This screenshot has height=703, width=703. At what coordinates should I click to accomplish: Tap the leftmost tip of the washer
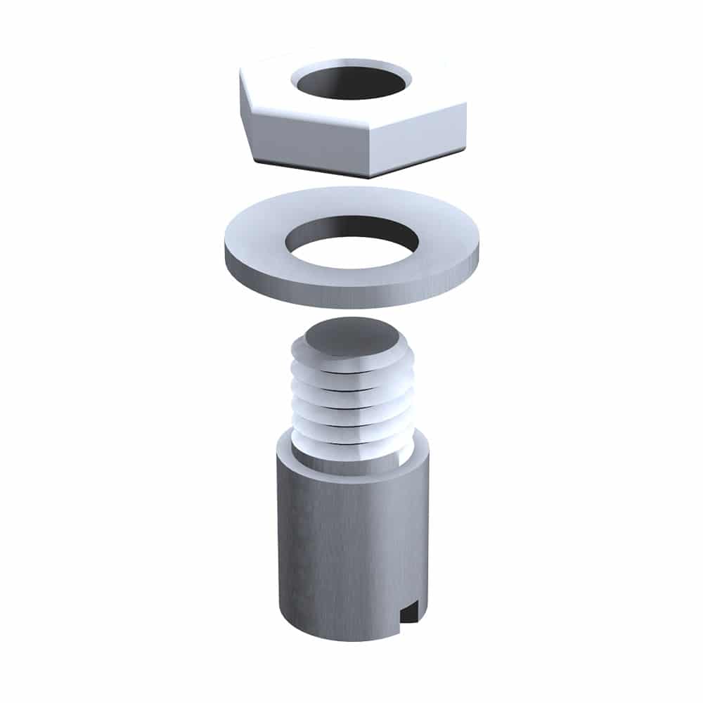coord(226,253)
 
